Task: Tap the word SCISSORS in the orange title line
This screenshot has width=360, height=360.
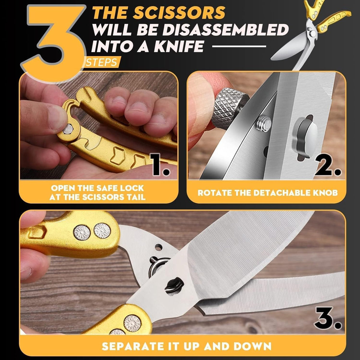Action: click(x=180, y=13)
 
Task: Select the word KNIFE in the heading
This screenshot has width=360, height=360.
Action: click(x=179, y=46)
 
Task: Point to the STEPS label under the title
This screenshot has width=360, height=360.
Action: click(x=101, y=62)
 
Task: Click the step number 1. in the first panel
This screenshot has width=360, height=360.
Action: click(x=161, y=164)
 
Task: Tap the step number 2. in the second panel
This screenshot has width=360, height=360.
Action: click(x=328, y=164)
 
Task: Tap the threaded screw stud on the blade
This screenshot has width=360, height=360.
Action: click(x=263, y=123)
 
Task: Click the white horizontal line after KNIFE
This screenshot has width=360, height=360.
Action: click(x=239, y=46)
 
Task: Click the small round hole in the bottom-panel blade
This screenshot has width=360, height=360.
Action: click(x=159, y=248)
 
